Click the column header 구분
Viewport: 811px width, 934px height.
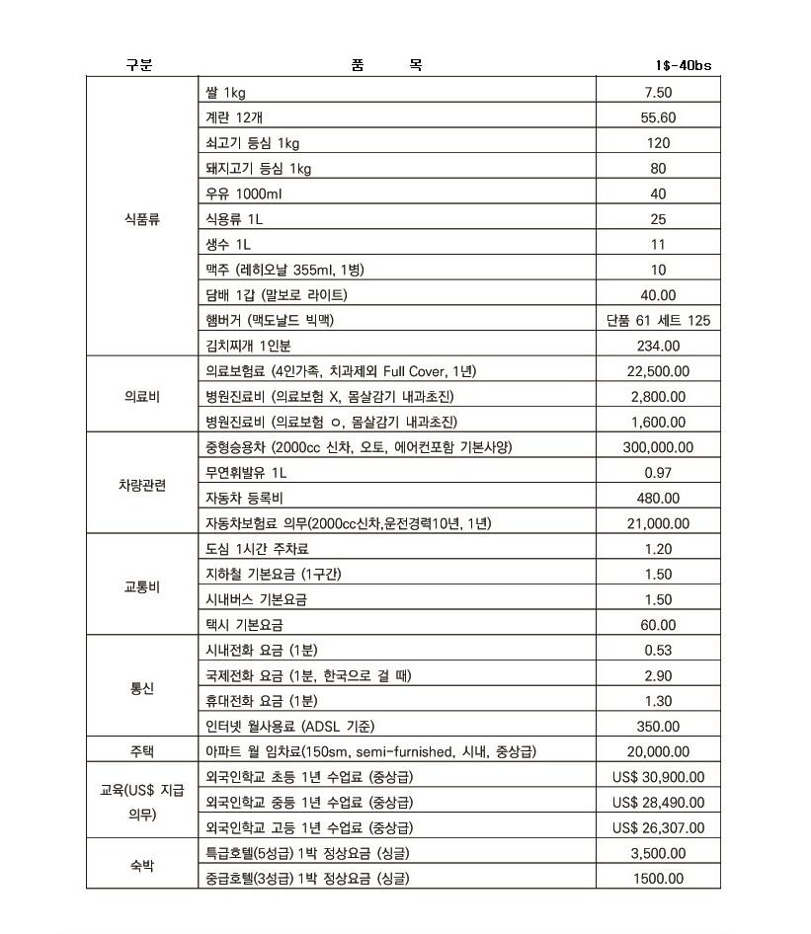(139, 66)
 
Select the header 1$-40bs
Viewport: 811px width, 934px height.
(682, 66)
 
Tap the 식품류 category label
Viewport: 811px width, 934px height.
(140, 219)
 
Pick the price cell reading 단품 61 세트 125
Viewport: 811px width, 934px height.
(658, 321)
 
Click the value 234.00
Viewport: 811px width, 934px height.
(658, 346)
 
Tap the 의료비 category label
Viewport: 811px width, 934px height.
(141, 396)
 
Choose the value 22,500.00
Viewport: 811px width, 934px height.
(658, 371)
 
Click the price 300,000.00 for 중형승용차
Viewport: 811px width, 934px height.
(658, 447)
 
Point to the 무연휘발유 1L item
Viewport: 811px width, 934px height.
(245, 473)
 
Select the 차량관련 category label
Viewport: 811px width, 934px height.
(141, 486)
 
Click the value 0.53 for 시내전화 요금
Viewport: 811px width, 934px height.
(658, 650)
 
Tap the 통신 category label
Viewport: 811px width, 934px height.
(141, 688)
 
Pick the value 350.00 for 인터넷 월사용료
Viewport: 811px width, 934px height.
(658, 727)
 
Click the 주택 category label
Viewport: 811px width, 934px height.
(141, 751)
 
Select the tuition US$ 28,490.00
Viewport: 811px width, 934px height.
(658, 803)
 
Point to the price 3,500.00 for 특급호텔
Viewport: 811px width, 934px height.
(658, 853)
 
